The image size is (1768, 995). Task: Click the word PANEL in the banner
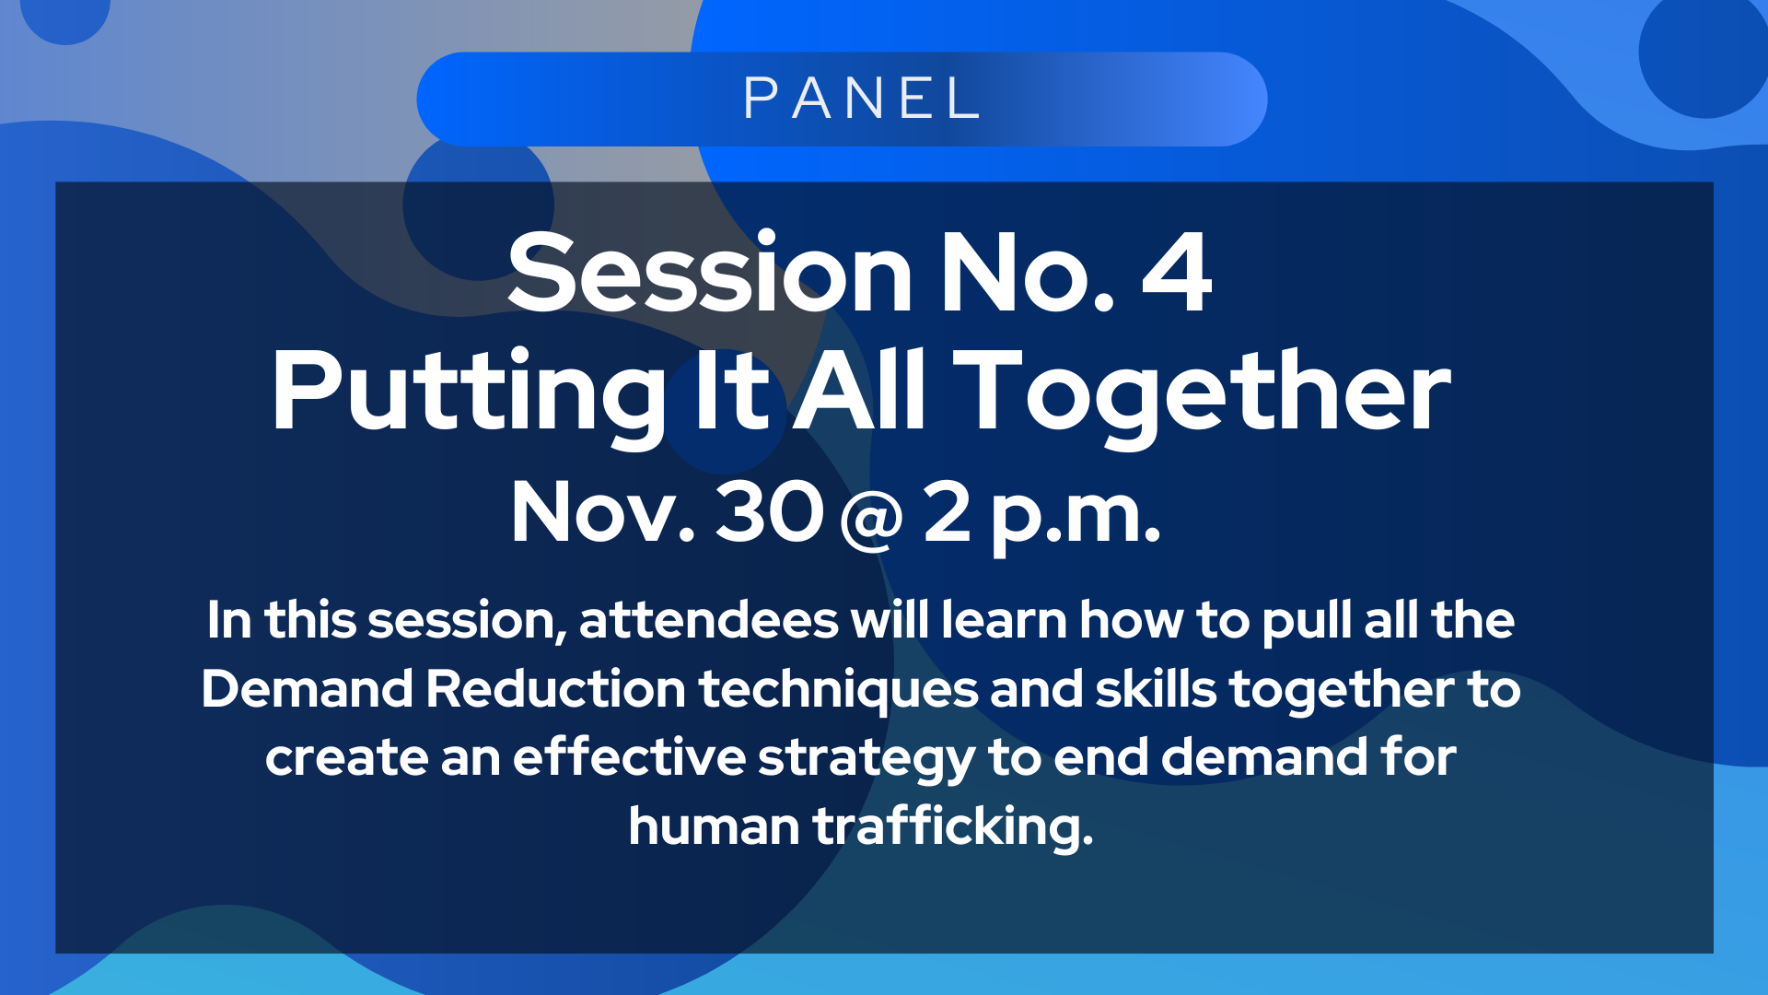pos(861,99)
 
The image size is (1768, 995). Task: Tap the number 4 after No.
pos(1177,273)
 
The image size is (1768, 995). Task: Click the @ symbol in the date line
pos(871,519)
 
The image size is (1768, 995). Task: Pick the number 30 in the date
pos(769,511)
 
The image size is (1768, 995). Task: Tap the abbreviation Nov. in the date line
pos(603,511)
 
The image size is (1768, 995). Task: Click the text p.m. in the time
pos(1076,518)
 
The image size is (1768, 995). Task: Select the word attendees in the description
pos(708,620)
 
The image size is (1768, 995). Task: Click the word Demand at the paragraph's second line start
pos(308,688)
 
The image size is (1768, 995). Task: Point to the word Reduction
pos(555,688)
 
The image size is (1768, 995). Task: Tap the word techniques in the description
pos(838,690)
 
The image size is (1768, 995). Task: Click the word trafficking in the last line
pos(953,826)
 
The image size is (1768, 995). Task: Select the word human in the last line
pos(714,826)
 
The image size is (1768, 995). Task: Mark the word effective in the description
pos(629,756)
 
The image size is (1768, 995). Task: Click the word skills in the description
pos(1156,688)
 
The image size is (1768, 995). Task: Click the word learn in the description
pos(1004,620)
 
